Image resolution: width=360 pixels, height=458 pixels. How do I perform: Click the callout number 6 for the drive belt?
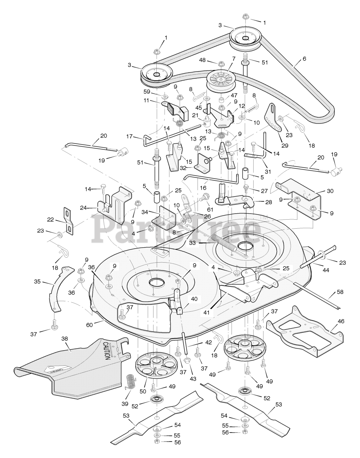tap(304, 59)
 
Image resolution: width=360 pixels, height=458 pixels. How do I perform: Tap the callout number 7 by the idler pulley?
tap(233, 58)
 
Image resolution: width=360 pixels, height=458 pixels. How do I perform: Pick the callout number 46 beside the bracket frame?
tap(341, 321)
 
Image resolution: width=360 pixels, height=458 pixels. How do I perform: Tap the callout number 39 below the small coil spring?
tap(125, 404)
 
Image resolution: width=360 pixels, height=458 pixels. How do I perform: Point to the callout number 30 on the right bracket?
tap(330, 191)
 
